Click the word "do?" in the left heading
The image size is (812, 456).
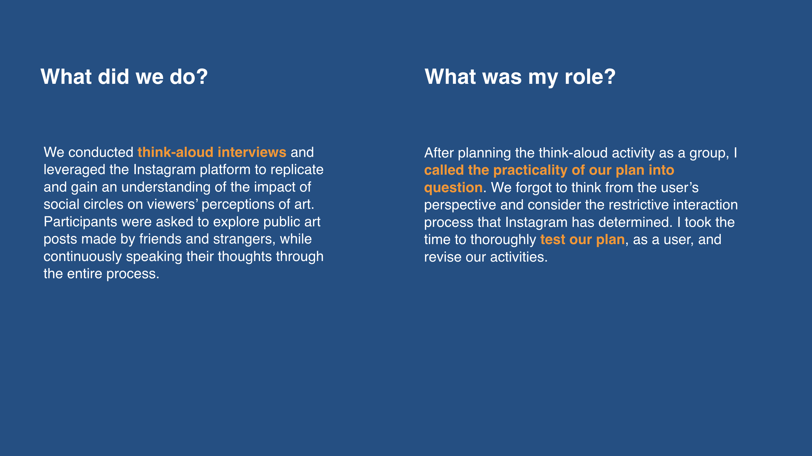(x=189, y=76)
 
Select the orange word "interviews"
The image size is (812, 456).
(x=252, y=152)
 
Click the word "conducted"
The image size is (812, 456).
(x=101, y=152)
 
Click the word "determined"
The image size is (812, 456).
(x=635, y=222)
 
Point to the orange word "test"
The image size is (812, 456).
(x=553, y=240)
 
